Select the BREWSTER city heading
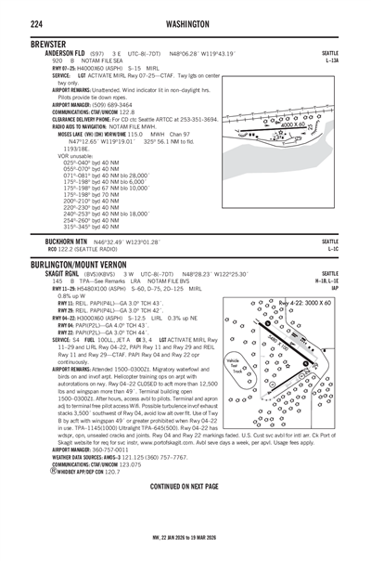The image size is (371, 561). pyautogui.click(x=27, y=44)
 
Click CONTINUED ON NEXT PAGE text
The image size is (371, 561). pyautogui.click(x=185, y=512)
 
